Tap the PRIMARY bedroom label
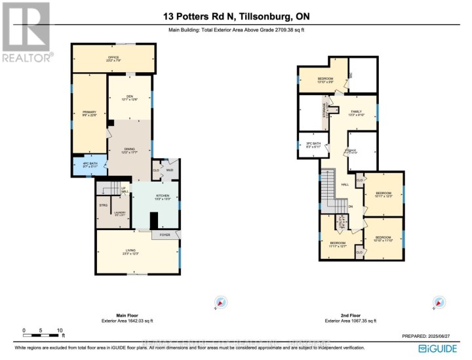[x=90, y=113]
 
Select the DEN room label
[x=130, y=98]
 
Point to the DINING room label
[x=130, y=151]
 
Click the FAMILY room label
[x=356, y=113]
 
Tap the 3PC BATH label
[x=313, y=146]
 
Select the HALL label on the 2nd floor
[x=345, y=185]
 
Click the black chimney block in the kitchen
[x=154, y=221]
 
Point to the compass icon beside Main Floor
[x=221, y=302]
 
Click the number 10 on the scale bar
[x=59, y=330]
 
